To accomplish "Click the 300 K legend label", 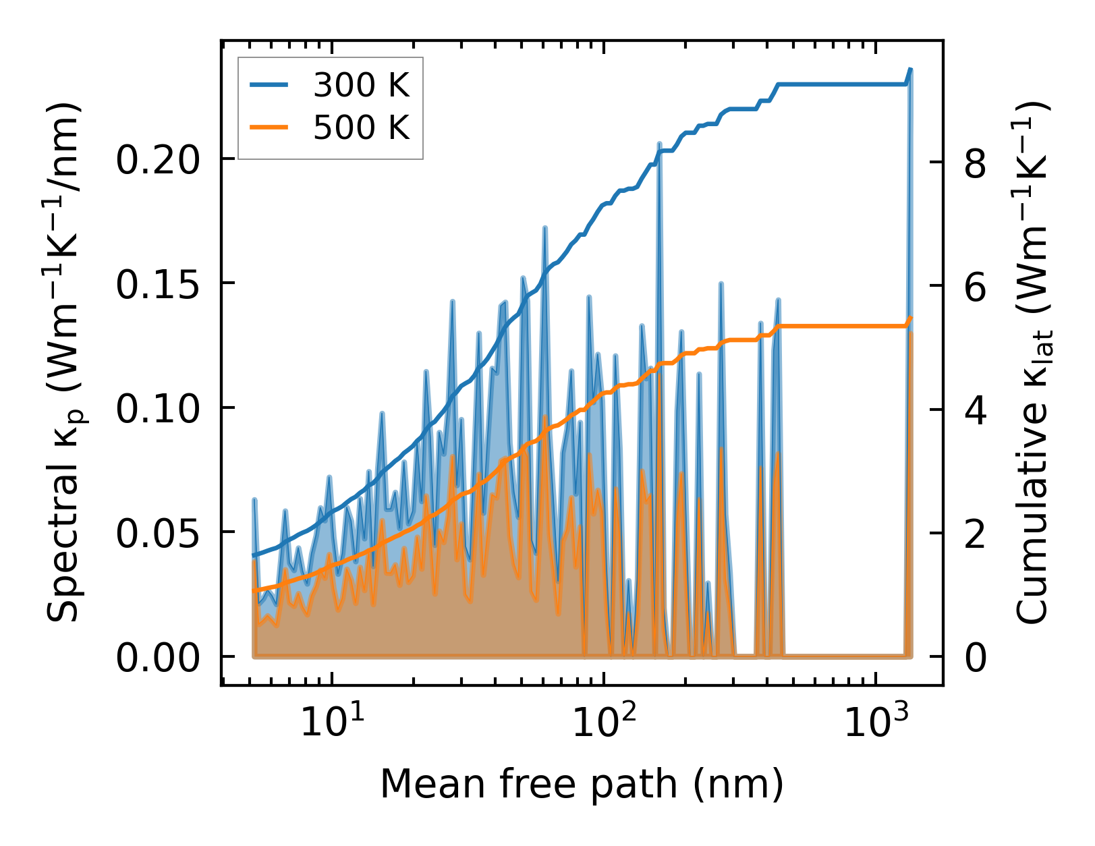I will pos(362,85).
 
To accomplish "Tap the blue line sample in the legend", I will pos(269,85).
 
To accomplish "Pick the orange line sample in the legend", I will pos(269,127).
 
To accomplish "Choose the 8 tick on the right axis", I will pos(976,163).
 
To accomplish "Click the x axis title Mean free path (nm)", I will pos(582,785).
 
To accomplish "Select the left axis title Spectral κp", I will pos(65,362).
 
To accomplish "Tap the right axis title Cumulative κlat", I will pos(1032,362).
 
